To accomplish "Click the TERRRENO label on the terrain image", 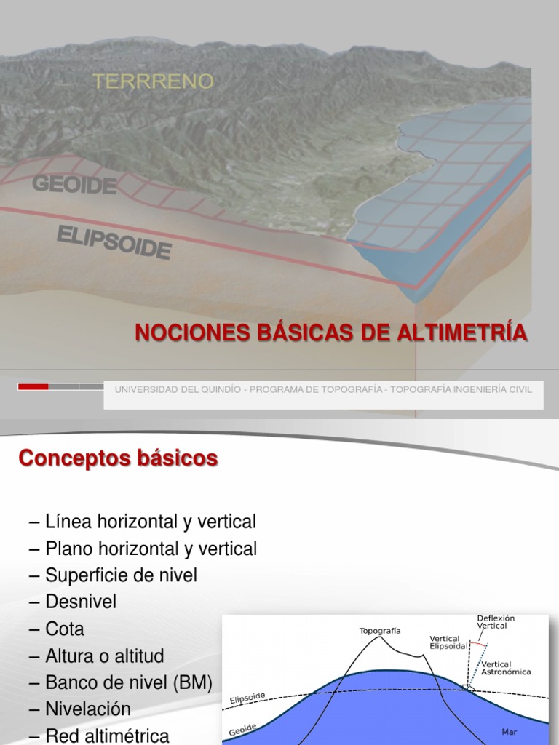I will pyautogui.click(x=153, y=81).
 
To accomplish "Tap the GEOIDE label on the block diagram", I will pyautogui.click(x=74, y=184).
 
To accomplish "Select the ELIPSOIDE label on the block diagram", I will pyautogui.click(x=114, y=242).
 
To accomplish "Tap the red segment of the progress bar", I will pyautogui.click(x=33, y=386).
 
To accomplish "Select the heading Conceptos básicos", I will pyautogui.click(x=118, y=459).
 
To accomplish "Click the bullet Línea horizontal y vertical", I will pyautogui.click(x=150, y=522).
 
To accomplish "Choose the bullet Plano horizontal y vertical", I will pyautogui.click(x=151, y=549).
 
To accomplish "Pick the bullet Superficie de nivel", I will pyautogui.click(x=121, y=575).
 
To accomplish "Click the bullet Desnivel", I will pyautogui.click(x=81, y=602).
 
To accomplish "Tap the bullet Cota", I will pyautogui.click(x=65, y=629).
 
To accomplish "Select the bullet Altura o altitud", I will pyautogui.click(x=104, y=656).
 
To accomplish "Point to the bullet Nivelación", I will pyautogui.click(x=87, y=709).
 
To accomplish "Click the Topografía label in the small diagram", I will pyautogui.click(x=380, y=631).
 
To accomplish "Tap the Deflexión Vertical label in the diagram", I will pyautogui.click(x=496, y=621).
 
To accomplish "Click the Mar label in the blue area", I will pyautogui.click(x=510, y=731).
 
